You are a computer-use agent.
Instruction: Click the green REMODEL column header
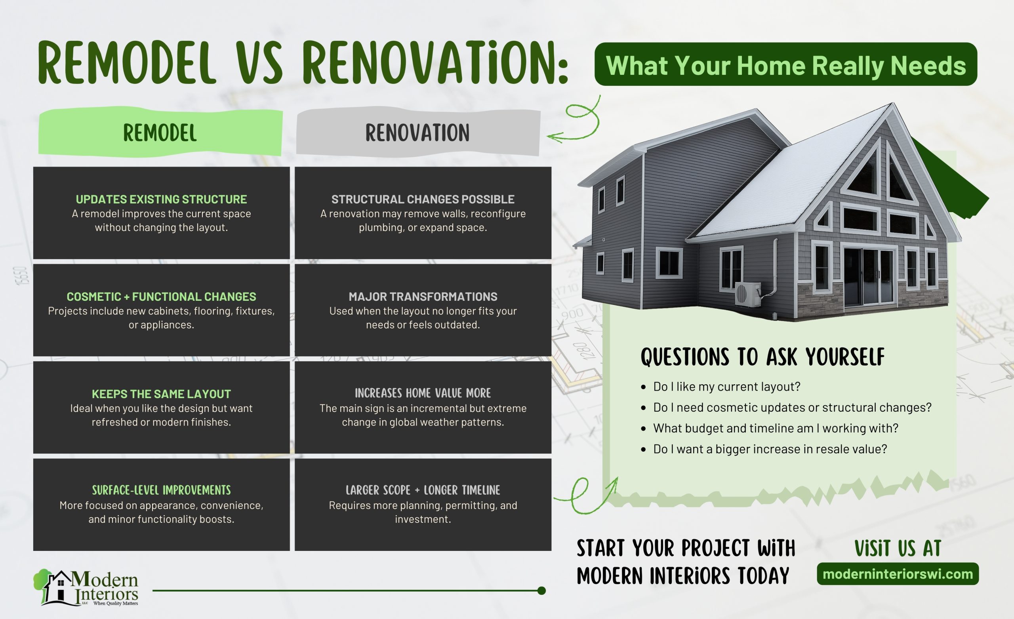[x=160, y=133]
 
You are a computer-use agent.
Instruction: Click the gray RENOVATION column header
[x=417, y=133]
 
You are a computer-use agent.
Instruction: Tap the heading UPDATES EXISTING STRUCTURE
[x=161, y=199]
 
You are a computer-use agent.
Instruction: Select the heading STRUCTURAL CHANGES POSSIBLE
[x=423, y=199]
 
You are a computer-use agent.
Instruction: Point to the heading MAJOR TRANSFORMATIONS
[x=423, y=296]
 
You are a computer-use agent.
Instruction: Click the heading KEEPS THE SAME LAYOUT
[x=161, y=394]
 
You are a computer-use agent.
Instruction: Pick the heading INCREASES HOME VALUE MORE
[x=423, y=393]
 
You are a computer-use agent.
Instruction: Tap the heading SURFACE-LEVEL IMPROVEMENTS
[x=161, y=490]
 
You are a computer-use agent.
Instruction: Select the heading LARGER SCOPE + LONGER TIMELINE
[x=423, y=490]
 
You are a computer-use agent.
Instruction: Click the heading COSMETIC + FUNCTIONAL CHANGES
[x=161, y=296]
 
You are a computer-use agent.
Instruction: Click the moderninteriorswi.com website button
[x=898, y=574]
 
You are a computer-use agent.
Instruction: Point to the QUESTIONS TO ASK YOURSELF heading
[x=762, y=357]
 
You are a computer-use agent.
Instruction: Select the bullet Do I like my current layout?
[x=726, y=387]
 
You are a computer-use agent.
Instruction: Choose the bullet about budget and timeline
[x=775, y=428]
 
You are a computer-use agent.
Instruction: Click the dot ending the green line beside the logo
[x=541, y=591]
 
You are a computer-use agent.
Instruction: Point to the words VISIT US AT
[x=898, y=549]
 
